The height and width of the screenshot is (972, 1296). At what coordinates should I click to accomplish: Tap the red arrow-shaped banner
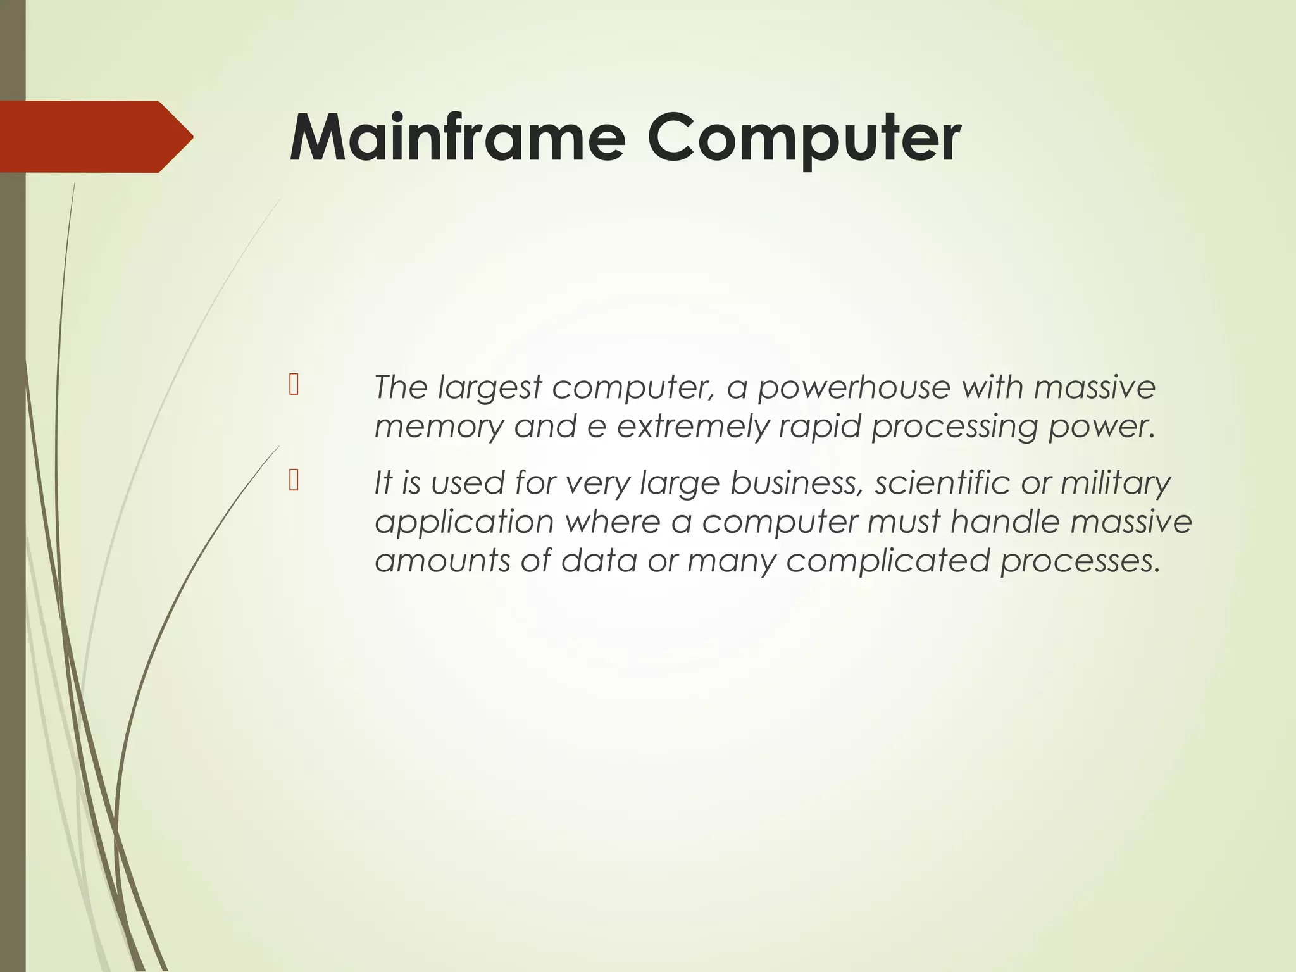point(95,137)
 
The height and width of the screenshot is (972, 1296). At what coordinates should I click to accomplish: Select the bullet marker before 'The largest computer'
point(294,385)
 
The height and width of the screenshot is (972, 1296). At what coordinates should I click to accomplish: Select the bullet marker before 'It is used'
point(294,482)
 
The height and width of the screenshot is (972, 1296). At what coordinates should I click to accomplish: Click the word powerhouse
point(854,388)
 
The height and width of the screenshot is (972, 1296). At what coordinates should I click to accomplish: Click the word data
point(598,561)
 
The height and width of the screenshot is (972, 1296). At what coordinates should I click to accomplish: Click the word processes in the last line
point(1080,561)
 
